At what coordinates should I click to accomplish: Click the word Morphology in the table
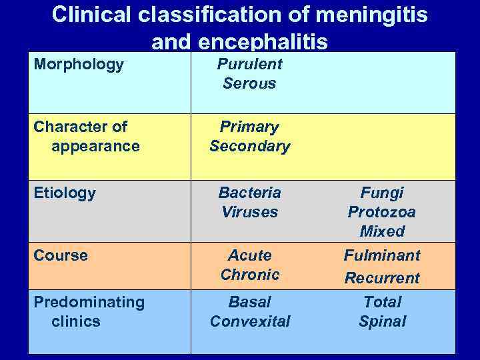[79, 65]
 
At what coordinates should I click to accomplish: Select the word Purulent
[249, 65]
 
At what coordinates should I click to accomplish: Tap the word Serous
[249, 84]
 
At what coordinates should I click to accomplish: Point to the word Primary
[249, 127]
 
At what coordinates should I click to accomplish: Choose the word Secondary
[249, 146]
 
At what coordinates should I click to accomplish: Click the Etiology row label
[65, 193]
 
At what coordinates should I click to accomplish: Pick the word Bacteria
[249, 193]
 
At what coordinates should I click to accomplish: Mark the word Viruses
[249, 212]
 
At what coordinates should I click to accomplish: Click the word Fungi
[382, 193]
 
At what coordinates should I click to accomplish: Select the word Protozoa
[382, 212]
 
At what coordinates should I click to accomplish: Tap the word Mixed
[382, 231]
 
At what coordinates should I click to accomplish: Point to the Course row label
[61, 255]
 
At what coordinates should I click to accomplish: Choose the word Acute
[249, 255]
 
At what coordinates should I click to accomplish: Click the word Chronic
[249, 275]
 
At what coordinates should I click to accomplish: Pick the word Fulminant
[382, 255]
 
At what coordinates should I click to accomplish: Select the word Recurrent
[382, 278]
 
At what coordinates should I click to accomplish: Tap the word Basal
[249, 302]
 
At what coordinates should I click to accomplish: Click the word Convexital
[249, 321]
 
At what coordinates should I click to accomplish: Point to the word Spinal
[382, 321]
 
